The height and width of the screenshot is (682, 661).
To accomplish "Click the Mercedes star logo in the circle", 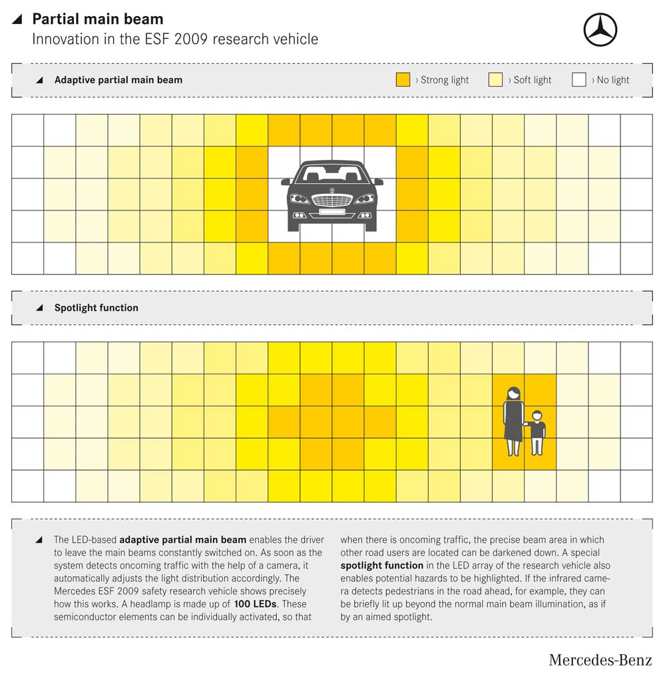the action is pyautogui.click(x=600, y=29).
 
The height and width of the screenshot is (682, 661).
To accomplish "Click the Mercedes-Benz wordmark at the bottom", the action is pyautogui.click(x=600, y=660).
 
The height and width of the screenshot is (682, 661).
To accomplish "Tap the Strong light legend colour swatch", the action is pyautogui.click(x=403, y=80).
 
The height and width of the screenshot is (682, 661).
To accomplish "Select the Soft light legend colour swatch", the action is pyautogui.click(x=495, y=80).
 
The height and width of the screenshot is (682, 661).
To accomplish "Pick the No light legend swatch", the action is pyautogui.click(x=579, y=80).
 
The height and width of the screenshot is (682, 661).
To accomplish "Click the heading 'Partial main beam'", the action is pyautogui.click(x=98, y=19).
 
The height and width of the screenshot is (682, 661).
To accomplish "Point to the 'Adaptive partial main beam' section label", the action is pyautogui.click(x=118, y=80).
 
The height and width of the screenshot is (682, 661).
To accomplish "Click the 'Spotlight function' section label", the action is pyautogui.click(x=96, y=308).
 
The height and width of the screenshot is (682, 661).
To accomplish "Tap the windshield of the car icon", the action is pyautogui.click(x=332, y=173).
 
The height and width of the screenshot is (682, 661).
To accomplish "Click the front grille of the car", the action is pyautogui.click(x=332, y=200).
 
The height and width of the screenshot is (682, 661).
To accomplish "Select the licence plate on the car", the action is pyautogui.click(x=332, y=212).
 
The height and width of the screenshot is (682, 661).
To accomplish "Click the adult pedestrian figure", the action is pyautogui.click(x=513, y=421).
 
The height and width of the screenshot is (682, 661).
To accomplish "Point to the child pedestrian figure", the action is pyautogui.click(x=537, y=433).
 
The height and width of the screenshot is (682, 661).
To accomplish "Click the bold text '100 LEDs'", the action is pyautogui.click(x=255, y=604).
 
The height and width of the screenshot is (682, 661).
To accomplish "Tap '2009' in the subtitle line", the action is pyautogui.click(x=192, y=39).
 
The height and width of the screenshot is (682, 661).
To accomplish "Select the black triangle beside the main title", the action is pyautogui.click(x=17, y=19).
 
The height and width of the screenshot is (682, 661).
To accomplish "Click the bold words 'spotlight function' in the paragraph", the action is pyautogui.click(x=381, y=565).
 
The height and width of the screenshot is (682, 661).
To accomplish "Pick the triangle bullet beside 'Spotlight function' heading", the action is pyautogui.click(x=39, y=308).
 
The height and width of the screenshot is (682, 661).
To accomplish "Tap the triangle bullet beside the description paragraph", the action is pyautogui.click(x=39, y=540).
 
